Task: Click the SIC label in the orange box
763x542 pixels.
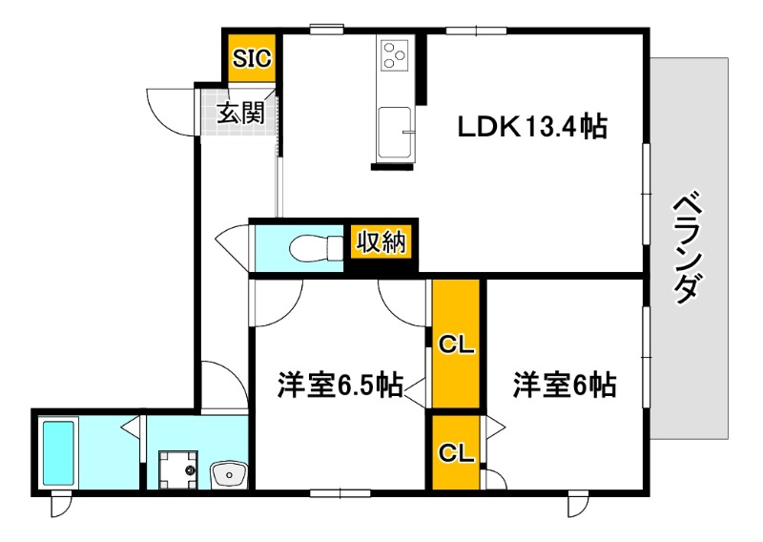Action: click(x=253, y=59)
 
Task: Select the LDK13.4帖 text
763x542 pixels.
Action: click(x=530, y=127)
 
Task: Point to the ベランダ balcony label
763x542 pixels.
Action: click(x=690, y=249)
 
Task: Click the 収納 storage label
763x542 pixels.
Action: click(x=381, y=242)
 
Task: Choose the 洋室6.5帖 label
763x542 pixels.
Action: click(x=339, y=386)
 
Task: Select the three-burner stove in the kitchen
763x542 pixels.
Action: click(x=393, y=54)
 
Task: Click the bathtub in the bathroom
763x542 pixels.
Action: click(x=59, y=453)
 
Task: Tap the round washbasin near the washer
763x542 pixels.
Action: click(x=229, y=471)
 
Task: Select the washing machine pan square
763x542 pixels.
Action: click(x=178, y=469)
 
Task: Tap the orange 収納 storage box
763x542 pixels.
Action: click(x=381, y=242)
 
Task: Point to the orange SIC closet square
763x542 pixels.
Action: click(x=253, y=59)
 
